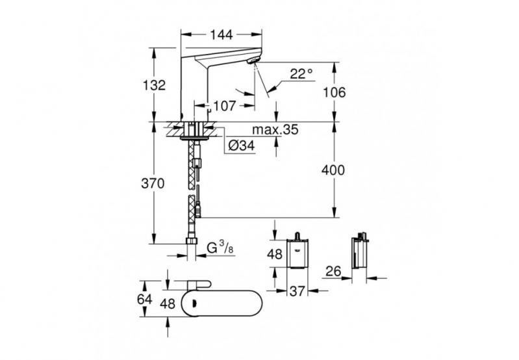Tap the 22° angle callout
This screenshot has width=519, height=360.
coord(301,73)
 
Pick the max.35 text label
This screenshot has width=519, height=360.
coord(276,130)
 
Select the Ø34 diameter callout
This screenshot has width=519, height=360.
coord(240,147)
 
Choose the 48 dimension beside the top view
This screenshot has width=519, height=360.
coord(168,303)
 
